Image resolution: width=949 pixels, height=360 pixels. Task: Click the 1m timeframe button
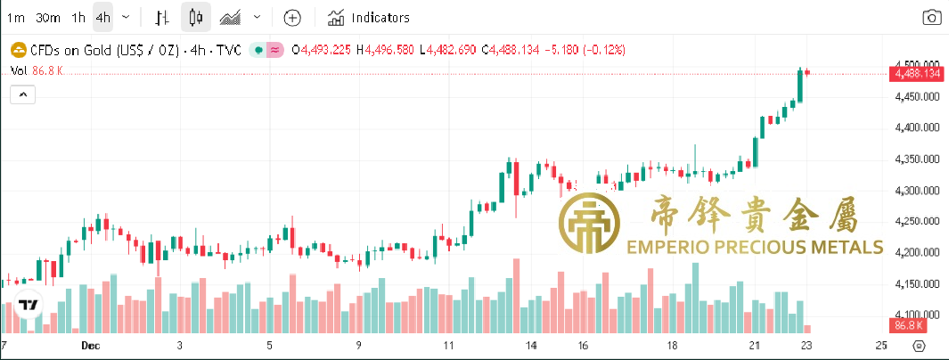(16, 17)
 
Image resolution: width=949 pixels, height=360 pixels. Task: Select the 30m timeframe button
(48, 17)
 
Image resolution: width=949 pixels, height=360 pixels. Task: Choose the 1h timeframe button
(79, 17)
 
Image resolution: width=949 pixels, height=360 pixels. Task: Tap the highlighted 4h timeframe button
(103, 17)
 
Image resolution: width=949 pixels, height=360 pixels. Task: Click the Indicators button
(369, 17)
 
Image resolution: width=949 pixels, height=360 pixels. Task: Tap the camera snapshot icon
(932, 17)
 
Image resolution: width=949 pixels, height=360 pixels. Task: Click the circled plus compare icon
(293, 17)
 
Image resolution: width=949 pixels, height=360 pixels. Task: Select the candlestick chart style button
(197, 17)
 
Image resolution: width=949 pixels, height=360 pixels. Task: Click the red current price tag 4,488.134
(917, 73)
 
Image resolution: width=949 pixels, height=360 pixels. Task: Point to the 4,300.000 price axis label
(918, 191)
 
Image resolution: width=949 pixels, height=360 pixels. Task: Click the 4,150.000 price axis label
(918, 284)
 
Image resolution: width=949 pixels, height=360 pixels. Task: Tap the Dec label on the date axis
(89, 345)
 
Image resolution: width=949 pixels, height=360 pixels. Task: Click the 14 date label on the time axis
(531, 345)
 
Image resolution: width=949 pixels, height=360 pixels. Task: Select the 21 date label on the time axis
(755, 345)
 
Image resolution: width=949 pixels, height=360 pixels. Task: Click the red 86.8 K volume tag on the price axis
(909, 325)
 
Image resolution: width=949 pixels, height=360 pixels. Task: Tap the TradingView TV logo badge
(29, 304)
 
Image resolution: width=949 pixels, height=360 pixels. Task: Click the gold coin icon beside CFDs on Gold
(16, 50)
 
